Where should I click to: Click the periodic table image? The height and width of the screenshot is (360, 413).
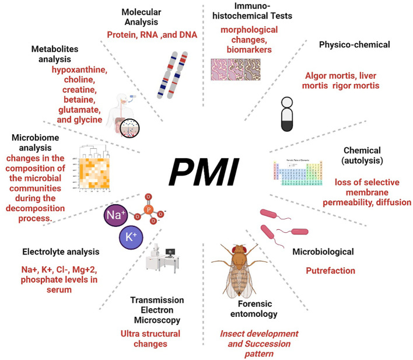299,174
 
